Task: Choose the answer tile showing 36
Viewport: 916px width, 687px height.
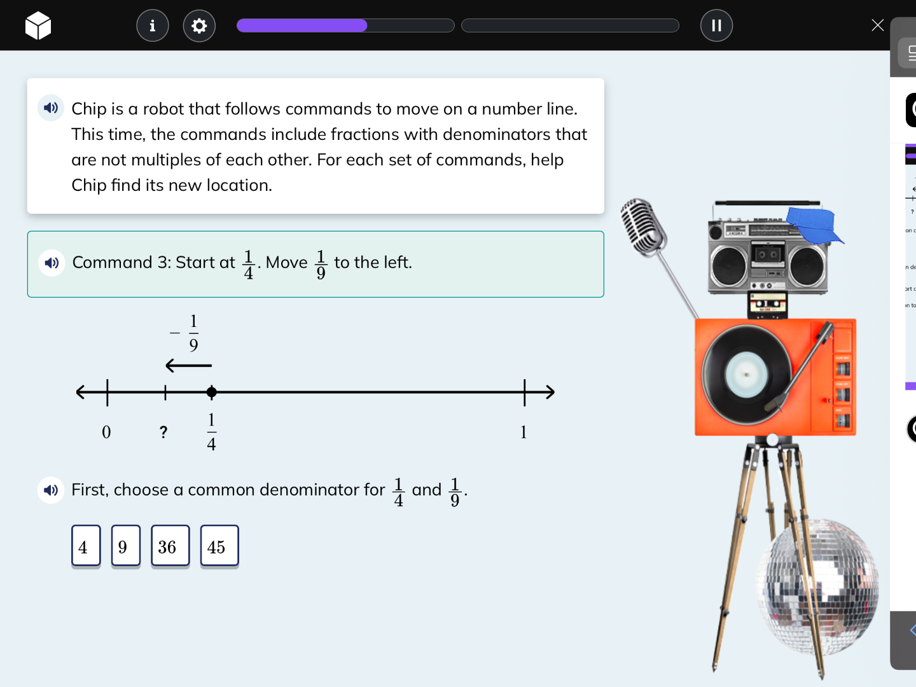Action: coord(170,546)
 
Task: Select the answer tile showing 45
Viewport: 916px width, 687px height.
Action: coord(219,546)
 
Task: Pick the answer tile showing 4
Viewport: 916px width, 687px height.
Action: coord(86,546)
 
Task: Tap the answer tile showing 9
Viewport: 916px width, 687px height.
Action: coord(125,546)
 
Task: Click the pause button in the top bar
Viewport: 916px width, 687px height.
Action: coord(716,25)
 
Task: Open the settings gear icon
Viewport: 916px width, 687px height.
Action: coord(199,25)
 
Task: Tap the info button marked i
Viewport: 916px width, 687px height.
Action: coord(153,25)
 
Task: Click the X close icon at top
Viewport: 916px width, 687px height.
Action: coord(877,25)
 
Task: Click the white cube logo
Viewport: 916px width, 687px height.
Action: coord(38,25)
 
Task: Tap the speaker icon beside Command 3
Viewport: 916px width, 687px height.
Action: coord(52,263)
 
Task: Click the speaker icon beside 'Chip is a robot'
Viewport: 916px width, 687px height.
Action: coord(51,108)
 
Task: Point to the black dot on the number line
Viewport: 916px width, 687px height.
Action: coord(212,392)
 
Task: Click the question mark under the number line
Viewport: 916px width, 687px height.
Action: coord(163,433)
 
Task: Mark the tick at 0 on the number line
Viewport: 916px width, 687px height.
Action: coord(108,392)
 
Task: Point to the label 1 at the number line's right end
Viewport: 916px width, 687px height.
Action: coord(524,433)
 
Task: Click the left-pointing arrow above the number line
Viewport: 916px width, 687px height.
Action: coord(188,366)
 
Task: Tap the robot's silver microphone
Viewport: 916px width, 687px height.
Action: coord(642,226)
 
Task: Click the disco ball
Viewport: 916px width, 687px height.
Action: coord(817,585)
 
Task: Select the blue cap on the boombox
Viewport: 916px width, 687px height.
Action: coord(812,225)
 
